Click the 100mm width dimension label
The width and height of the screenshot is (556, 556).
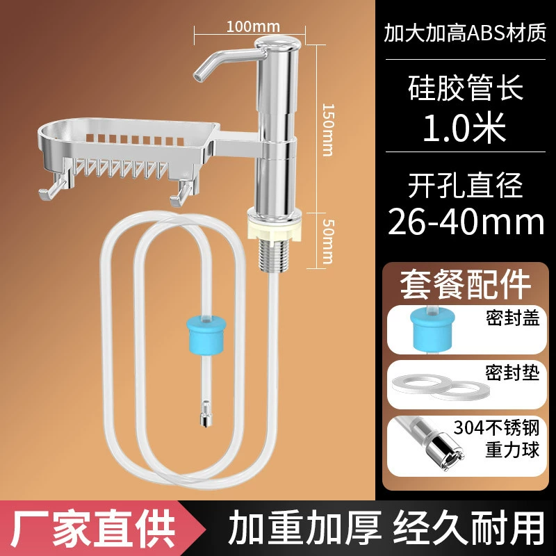click(x=253, y=26)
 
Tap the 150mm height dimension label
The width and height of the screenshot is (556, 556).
click(x=328, y=130)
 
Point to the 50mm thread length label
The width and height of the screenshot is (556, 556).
click(x=328, y=241)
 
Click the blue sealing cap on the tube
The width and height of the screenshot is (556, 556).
click(x=206, y=336)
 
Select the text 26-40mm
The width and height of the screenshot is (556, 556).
click(x=466, y=222)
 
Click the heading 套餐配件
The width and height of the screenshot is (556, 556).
click(x=465, y=286)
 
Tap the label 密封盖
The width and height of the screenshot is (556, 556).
click(x=512, y=317)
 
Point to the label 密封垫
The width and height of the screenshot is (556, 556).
click(x=512, y=372)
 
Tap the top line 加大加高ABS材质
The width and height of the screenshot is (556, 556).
click(x=465, y=33)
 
